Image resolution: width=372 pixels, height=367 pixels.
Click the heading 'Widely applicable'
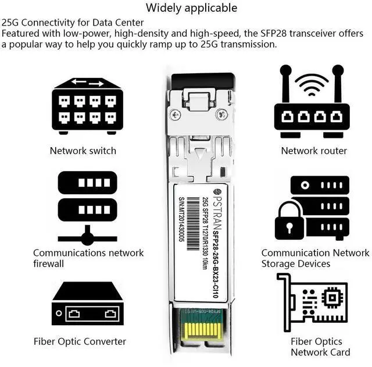191,8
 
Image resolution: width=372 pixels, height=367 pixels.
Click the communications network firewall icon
87,207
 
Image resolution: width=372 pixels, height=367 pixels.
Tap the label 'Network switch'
83,151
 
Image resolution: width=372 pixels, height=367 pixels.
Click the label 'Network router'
314,151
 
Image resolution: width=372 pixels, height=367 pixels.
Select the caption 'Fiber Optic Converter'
80,341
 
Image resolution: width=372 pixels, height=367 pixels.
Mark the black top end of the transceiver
201,81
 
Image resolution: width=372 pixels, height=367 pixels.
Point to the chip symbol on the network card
332,298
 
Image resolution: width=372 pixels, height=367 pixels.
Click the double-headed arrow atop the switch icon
88,83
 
